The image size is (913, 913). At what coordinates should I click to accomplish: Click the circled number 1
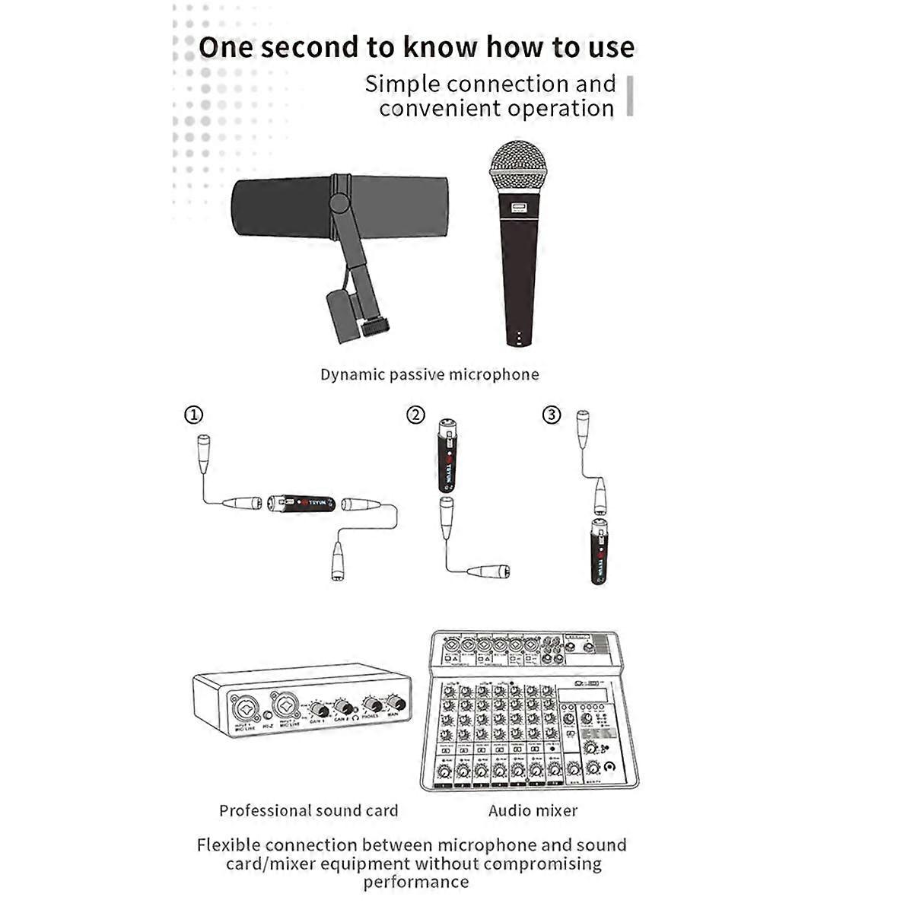(194, 415)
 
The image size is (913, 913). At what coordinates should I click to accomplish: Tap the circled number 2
(415, 415)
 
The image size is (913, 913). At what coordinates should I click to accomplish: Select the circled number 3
(552, 415)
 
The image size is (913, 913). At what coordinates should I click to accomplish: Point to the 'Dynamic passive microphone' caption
(429, 374)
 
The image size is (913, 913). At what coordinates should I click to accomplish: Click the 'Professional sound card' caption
(308, 811)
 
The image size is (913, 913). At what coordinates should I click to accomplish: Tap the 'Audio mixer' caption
(533, 811)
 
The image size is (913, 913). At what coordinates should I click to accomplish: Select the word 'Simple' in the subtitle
(402, 84)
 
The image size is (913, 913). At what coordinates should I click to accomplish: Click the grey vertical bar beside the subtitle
(630, 96)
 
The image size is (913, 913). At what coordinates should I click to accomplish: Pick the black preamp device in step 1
(301, 504)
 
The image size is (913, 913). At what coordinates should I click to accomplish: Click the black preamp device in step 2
(447, 456)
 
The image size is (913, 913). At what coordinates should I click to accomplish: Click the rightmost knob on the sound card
(395, 701)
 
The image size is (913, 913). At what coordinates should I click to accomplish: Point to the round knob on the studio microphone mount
(373, 329)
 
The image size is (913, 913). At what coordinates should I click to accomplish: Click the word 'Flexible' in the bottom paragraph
(228, 845)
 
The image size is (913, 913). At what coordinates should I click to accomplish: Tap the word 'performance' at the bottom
(415, 883)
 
